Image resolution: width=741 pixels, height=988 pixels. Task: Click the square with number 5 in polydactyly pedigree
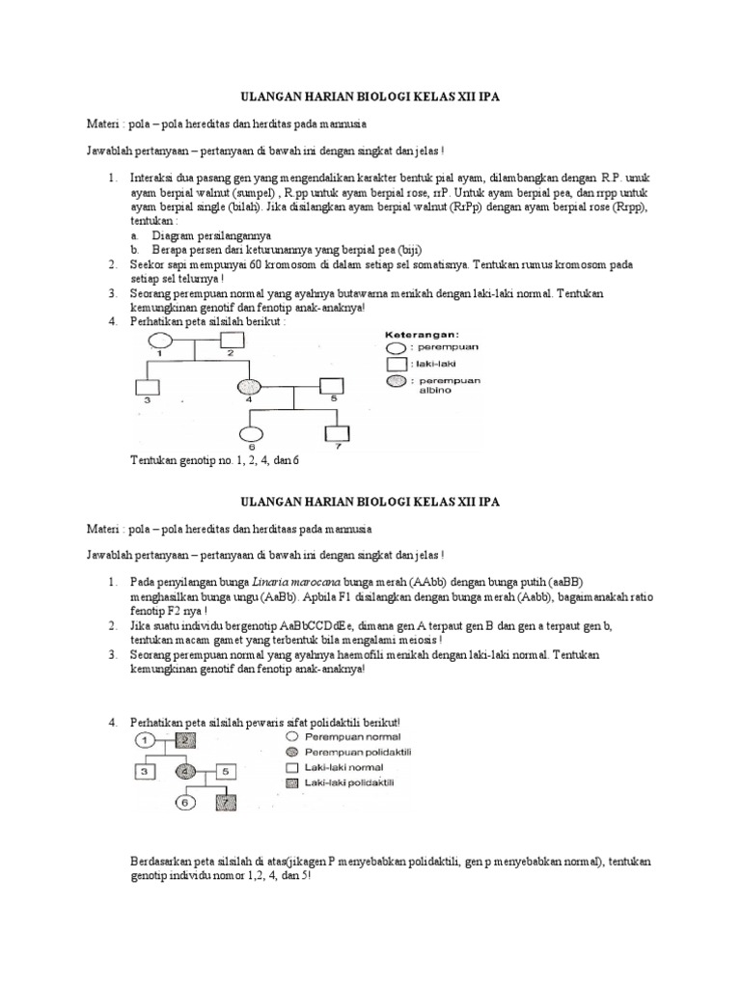click(x=222, y=771)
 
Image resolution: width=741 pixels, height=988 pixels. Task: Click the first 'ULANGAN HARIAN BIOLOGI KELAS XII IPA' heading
click(x=370, y=97)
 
